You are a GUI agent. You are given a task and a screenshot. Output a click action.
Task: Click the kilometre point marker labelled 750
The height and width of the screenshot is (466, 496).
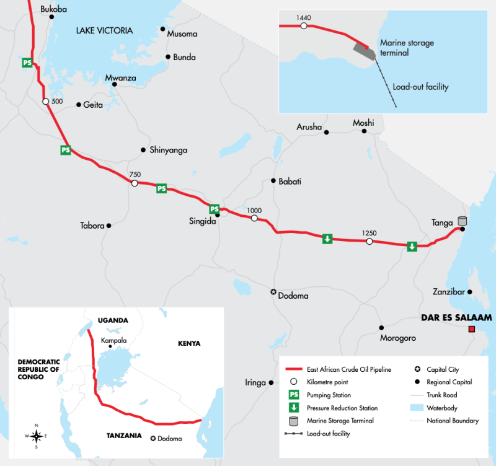(134, 183)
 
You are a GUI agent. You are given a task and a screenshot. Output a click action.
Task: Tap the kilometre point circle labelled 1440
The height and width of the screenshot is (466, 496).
(303, 27)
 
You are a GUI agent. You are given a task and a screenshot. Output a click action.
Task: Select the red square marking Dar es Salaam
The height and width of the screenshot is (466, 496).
(472, 330)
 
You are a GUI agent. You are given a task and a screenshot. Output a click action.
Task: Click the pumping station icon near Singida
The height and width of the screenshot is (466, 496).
(214, 209)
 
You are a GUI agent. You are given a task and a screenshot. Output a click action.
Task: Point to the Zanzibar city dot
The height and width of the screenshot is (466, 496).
(470, 292)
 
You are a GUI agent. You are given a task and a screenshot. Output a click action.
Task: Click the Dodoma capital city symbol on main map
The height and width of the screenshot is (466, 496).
(273, 292)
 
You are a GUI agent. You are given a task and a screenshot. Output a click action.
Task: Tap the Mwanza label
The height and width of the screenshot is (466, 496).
(120, 78)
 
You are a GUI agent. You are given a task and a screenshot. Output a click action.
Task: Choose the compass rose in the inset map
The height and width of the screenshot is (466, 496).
(37, 436)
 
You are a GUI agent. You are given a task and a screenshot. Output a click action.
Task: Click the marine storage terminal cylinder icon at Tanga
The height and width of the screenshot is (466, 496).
(462, 221)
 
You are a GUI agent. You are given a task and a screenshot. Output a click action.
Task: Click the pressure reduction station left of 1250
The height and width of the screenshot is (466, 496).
(327, 238)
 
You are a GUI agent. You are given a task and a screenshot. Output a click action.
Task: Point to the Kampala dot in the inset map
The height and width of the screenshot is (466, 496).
(110, 347)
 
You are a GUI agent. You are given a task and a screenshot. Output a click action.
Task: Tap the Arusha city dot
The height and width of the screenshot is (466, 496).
(327, 132)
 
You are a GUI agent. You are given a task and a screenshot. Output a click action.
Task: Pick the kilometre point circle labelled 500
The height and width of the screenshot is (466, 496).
(45, 102)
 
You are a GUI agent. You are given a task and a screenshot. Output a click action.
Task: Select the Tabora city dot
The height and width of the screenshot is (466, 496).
(108, 226)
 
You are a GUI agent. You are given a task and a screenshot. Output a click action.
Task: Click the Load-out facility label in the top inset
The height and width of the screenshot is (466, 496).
(420, 87)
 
